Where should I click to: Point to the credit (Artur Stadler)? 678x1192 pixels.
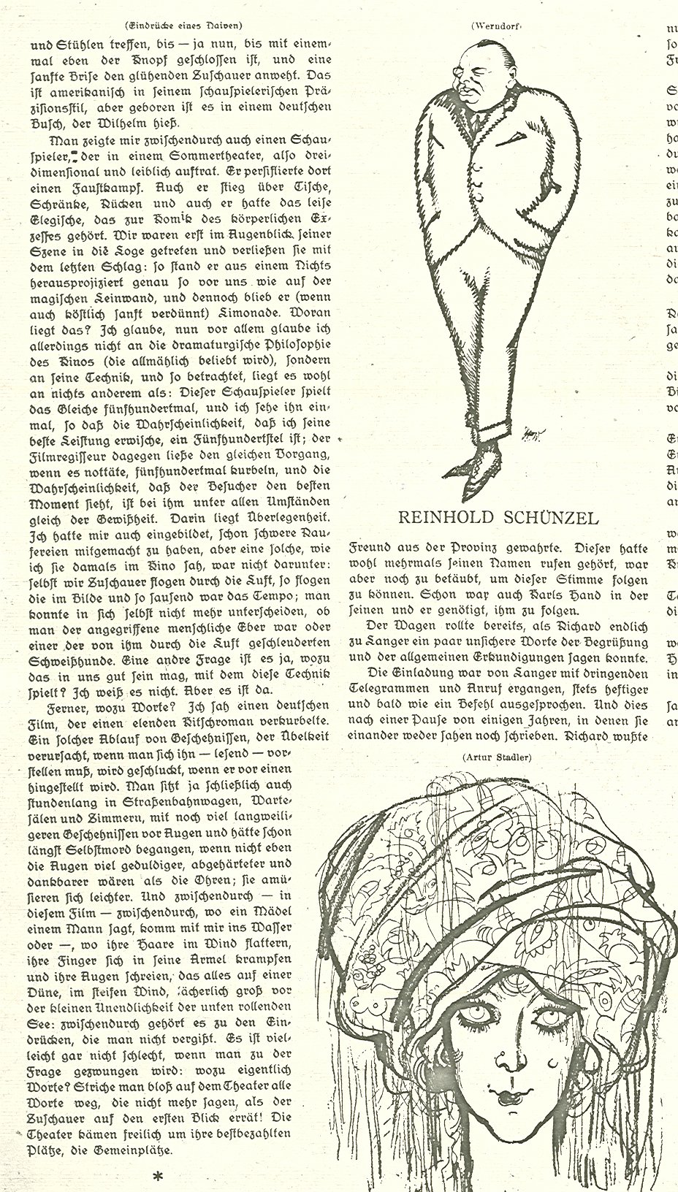pyautogui.click(x=496, y=757)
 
